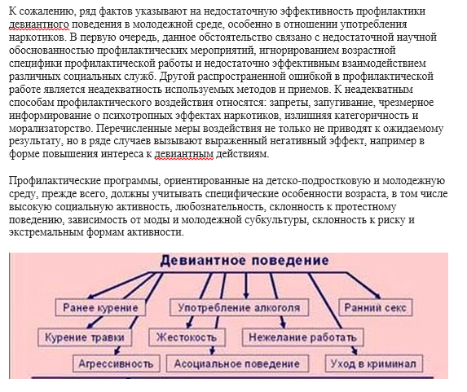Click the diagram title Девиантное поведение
(x=245, y=261)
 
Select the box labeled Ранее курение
(x=100, y=307)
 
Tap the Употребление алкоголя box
(x=239, y=307)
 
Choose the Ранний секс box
(x=375, y=307)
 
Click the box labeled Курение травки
(x=85, y=337)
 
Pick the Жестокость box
(x=187, y=337)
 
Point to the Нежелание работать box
(x=302, y=337)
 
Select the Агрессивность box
(x=117, y=363)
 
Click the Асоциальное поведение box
(x=237, y=363)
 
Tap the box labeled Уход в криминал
(x=373, y=363)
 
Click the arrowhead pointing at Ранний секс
(x=377, y=296)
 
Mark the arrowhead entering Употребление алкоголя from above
(x=246, y=295)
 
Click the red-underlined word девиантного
(x=39, y=24)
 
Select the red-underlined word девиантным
(x=184, y=154)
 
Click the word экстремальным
(x=46, y=232)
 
